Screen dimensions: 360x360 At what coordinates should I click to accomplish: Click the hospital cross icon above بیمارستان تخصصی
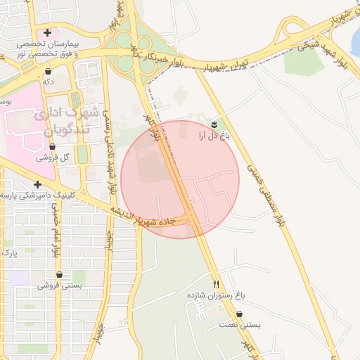[x=47, y=32]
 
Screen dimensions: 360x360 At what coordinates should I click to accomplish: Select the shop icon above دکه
[x=48, y=72]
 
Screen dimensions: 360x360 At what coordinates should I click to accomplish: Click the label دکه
[x=48, y=82]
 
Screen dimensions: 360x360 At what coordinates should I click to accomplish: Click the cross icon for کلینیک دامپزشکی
[x=37, y=184]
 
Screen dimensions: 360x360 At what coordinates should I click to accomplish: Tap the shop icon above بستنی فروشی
[x=59, y=275]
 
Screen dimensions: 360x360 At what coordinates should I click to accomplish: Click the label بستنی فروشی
[x=60, y=285]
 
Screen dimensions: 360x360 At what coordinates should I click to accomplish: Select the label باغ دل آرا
[x=214, y=135]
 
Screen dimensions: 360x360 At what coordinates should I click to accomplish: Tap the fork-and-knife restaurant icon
[x=217, y=285]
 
